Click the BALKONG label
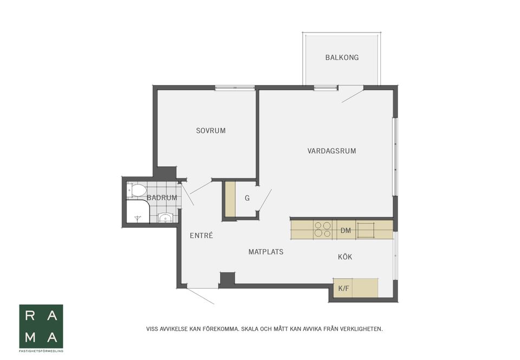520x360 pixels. tap(342, 57)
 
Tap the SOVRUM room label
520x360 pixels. tap(211, 130)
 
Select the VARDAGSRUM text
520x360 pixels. tap(331, 151)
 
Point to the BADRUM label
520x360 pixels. tap(162, 198)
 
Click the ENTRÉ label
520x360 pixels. tap(201, 235)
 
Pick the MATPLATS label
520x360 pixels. tap(266, 252)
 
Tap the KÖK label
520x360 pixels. tap(345, 257)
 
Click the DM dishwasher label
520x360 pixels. tap(346, 231)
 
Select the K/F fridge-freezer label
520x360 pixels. tap(343, 289)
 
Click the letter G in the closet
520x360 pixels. tap(247, 198)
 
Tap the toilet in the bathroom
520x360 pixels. tap(136, 191)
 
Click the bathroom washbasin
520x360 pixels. tap(165, 218)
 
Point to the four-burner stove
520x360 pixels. tap(323, 230)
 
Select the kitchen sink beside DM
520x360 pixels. tap(366, 231)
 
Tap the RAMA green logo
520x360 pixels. tap(41, 326)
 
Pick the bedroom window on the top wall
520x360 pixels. tap(235, 88)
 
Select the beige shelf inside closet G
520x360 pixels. tap(230, 199)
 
